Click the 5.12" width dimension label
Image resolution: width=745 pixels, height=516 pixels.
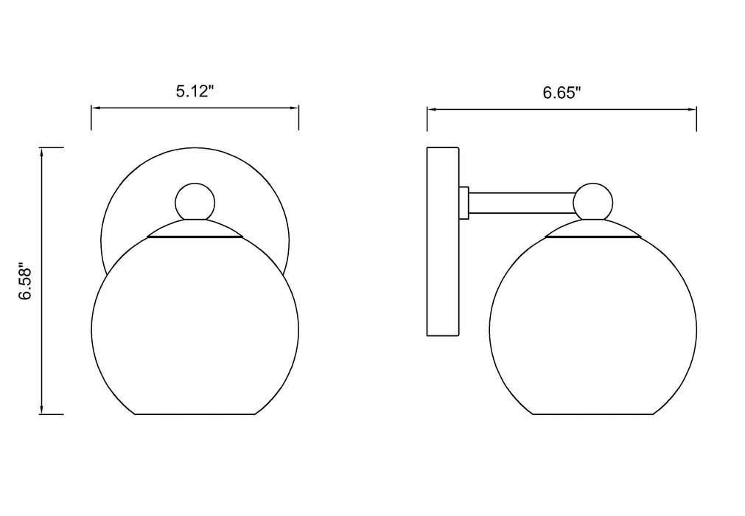tap(195, 92)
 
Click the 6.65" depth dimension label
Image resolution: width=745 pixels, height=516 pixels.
tap(562, 93)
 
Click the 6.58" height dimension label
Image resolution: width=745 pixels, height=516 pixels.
tap(26, 281)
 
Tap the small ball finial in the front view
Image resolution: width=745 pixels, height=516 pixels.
tap(195, 201)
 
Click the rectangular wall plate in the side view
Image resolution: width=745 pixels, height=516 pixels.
tap(443, 242)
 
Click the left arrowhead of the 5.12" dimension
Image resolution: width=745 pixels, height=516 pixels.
tap(95, 108)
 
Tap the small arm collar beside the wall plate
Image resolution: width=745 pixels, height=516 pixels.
tap(464, 203)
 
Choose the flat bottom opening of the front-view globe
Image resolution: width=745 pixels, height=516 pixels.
tap(195, 414)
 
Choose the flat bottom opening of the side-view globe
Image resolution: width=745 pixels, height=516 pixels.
tap(592, 414)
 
